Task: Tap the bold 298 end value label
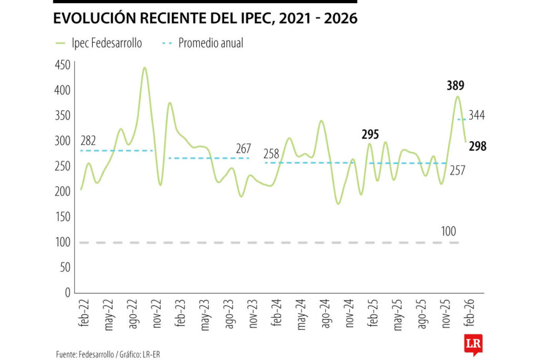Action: (x=476, y=147)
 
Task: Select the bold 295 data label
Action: (x=370, y=134)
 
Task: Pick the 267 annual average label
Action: (x=243, y=149)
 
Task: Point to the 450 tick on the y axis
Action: (x=62, y=65)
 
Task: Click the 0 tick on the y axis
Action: (x=66, y=293)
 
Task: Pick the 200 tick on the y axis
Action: (x=62, y=191)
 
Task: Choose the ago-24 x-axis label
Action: (x=325, y=316)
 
